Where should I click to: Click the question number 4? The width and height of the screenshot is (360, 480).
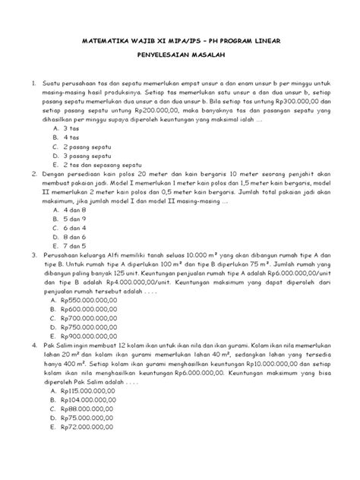[33, 344]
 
